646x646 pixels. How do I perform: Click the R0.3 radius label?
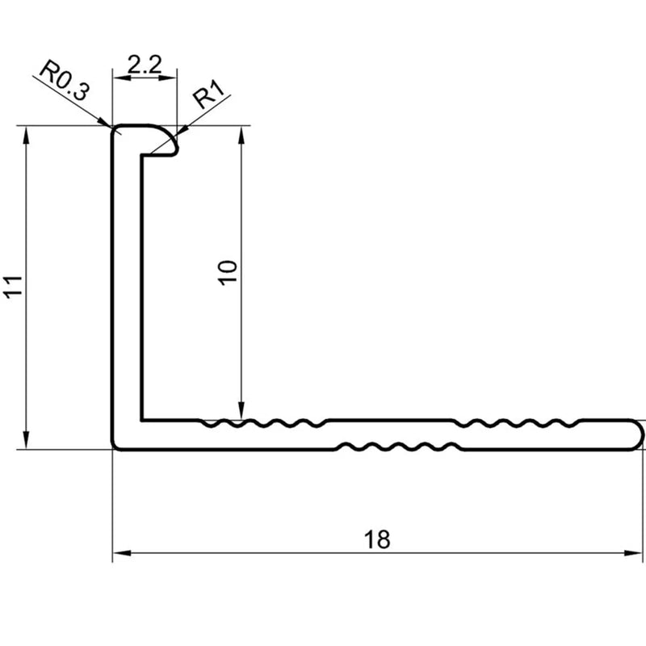[x=64, y=80]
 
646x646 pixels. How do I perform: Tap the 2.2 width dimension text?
[x=145, y=65]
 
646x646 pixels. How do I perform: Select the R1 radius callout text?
[x=209, y=94]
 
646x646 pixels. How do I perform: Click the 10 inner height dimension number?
[x=228, y=272]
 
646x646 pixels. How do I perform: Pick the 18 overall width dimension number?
[x=376, y=539]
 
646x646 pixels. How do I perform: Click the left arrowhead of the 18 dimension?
[x=122, y=553]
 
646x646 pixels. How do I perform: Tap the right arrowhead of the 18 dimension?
[x=633, y=553]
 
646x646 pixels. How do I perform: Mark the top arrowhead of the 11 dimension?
[x=27, y=135]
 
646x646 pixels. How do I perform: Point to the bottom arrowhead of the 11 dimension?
[x=27, y=439]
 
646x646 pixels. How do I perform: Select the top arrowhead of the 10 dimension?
[x=241, y=135]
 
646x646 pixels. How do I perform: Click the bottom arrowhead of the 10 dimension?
[x=241, y=411]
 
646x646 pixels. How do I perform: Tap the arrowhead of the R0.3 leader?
[x=104, y=122]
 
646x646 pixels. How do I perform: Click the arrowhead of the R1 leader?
[x=182, y=131]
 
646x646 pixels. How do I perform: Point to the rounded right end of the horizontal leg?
[x=636, y=435]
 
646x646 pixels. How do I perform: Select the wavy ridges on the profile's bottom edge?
[x=399, y=447]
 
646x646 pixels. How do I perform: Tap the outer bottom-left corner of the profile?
[x=113, y=449]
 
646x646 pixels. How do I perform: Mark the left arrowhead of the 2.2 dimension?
[x=123, y=77]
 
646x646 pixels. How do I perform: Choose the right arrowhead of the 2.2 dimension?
[x=168, y=77]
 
